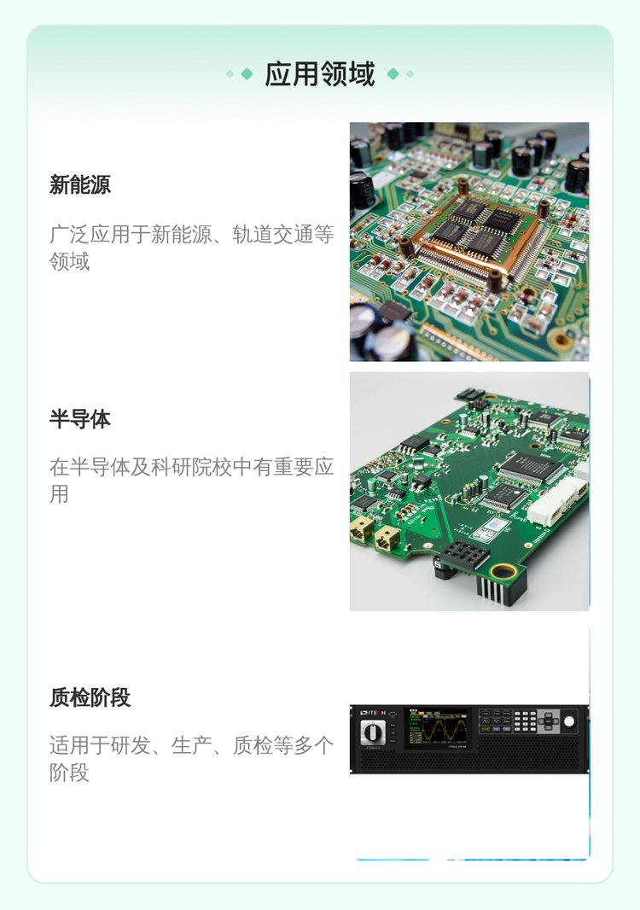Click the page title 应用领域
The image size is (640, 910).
[x=320, y=74]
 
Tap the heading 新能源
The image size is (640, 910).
[x=80, y=184]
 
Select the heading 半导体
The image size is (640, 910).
[x=80, y=418]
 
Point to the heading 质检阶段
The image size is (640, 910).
[x=90, y=697]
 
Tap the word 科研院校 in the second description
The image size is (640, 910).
[x=191, y=467]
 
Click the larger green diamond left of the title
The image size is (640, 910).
[x=247, y=73]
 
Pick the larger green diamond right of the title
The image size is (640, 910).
[x=393, y=73]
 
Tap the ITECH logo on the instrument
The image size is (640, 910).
[x=373, y=712]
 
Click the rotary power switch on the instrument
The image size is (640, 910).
[x=372, y=732]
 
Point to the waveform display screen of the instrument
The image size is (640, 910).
[x=438, y=727]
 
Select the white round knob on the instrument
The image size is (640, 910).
[x=569, y=721]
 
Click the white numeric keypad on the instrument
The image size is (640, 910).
[x=525, y=720]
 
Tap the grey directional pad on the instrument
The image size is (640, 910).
[x=549, y=721]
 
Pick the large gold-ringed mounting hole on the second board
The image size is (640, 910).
[x=503, y=572]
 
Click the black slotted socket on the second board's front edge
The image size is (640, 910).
[x=463, y=556]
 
